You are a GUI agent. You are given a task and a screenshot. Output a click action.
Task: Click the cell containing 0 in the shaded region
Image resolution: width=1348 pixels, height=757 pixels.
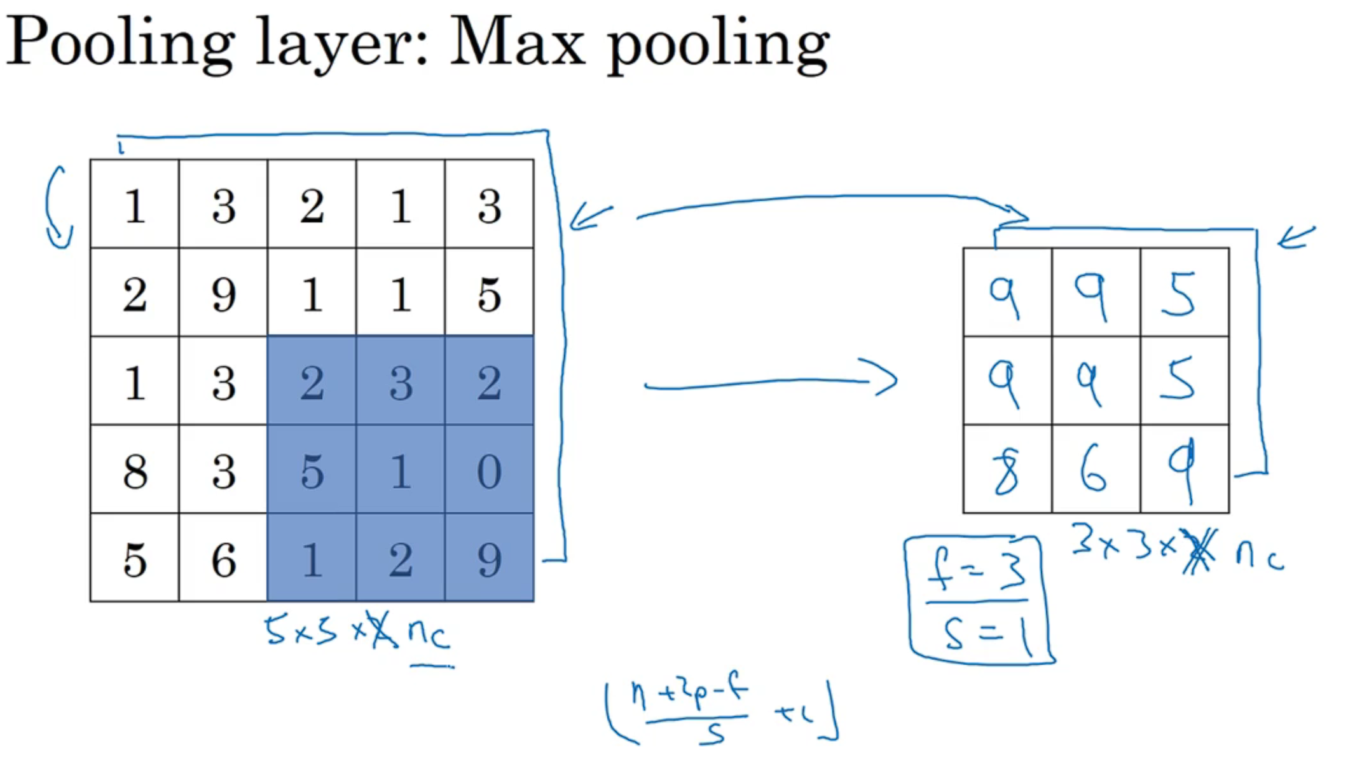click(x=489, y=471)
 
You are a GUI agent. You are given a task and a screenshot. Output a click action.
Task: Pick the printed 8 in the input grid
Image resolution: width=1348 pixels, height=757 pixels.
click(x=135, y=471)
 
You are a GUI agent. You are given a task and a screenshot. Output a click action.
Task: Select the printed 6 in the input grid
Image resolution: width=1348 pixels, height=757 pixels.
click(x=223, y=560)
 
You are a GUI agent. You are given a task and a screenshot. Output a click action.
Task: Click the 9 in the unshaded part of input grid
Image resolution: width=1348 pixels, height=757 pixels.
click(x=223, y=294)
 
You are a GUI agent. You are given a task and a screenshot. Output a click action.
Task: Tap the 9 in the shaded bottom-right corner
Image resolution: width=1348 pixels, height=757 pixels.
click(x=489, y=560)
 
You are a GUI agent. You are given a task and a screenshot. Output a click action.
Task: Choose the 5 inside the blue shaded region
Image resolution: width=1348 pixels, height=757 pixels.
click(x=312, y=471)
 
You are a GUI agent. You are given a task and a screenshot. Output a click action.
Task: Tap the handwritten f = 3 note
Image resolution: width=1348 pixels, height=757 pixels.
click(x=976, y=569)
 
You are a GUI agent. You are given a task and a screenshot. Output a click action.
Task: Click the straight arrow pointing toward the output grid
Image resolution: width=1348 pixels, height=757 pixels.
click(x=769, y=381)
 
